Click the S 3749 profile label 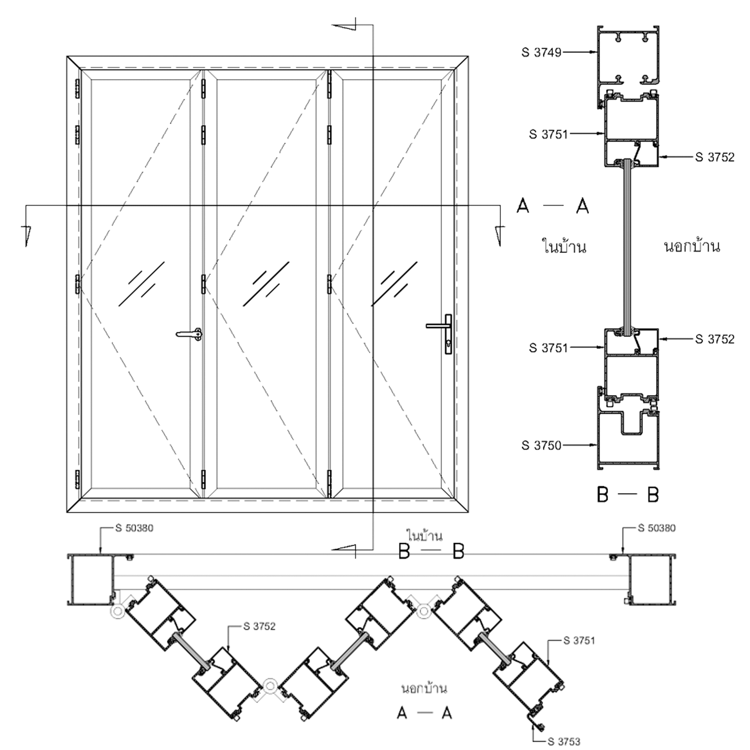tap(541, 52)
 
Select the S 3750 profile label tap(541, 445)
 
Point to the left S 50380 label tap(134, 528)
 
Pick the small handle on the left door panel tap(189, 334)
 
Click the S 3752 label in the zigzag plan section tap(259, 627)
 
